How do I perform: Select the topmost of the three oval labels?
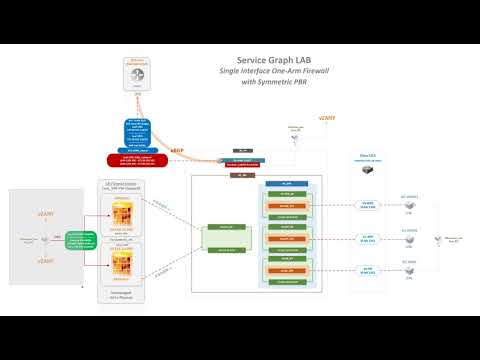369,204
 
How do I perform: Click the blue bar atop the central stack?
286,185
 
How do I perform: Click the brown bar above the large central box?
240,175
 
